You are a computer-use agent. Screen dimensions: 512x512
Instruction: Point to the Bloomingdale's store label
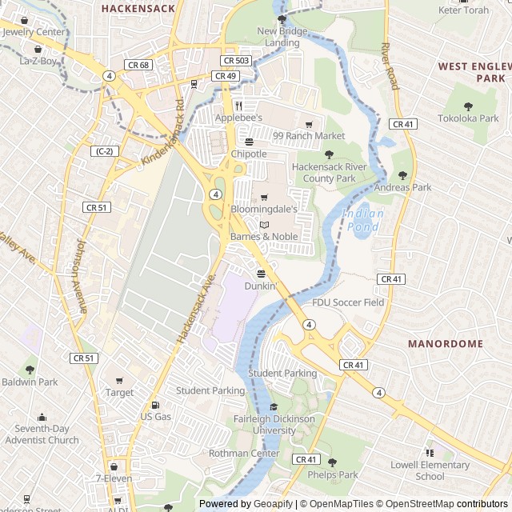click(x=264, y=210)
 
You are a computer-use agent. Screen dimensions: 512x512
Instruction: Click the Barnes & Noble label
click(x=264, y=237)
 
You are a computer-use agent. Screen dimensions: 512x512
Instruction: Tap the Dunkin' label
click(x=261, y=286)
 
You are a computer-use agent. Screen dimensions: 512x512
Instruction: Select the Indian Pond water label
click(x=362, y=220)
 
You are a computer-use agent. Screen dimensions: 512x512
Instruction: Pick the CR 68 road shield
click(x=138, y=65)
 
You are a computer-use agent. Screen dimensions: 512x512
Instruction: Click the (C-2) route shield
click(x=102, y=151)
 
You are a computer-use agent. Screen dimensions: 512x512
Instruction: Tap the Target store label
click(x=120, y=393)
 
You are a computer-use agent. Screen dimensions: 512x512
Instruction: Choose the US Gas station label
click(x=156, y=417)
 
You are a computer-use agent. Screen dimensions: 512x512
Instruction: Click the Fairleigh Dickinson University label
click(x=275, y=425)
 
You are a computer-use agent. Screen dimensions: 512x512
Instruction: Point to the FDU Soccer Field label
click(x=348, y=302)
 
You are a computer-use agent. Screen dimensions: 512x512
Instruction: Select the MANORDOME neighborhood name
click(x=446, y=343)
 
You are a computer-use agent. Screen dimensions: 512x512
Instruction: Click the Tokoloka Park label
click(x=468, y=118)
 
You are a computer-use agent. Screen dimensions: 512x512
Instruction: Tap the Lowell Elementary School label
click(x=430, y=470)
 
